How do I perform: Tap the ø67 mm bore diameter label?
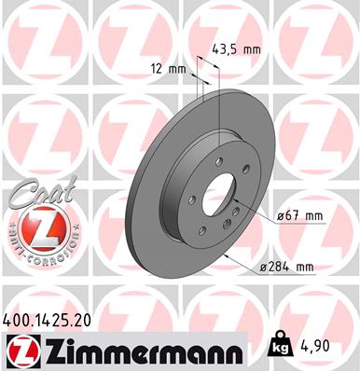tap(299, 217)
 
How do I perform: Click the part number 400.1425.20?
tap(53, 320)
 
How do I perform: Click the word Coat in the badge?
tap(35, 196)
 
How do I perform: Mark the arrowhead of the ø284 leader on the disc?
tap(228, 251)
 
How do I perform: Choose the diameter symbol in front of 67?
tap(280, 217)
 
